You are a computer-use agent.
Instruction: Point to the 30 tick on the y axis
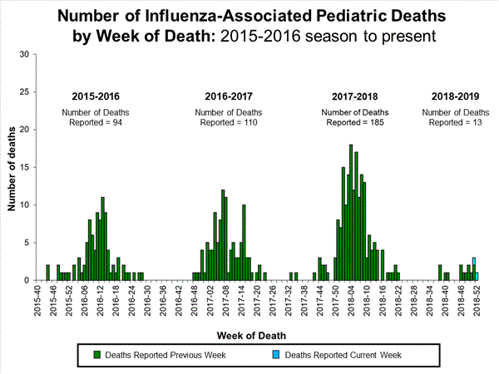(25, 55)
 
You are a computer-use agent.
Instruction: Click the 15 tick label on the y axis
(25, 168)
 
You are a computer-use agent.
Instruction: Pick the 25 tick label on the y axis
(25, 92)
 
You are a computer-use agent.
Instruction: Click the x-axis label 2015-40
(38, 300)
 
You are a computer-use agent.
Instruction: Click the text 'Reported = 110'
(227, 123)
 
